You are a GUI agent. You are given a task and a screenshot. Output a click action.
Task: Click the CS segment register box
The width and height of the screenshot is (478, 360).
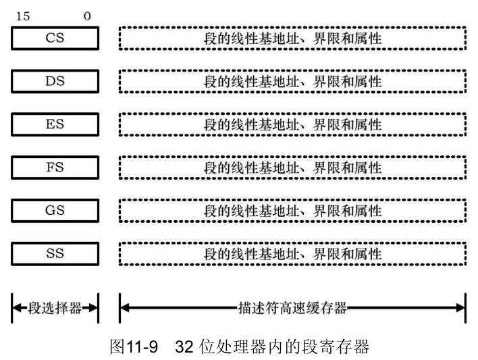pyautogui.click(x=55, y=38)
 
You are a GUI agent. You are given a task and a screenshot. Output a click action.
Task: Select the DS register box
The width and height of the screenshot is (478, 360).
pyautogui.click(x=55, y=82)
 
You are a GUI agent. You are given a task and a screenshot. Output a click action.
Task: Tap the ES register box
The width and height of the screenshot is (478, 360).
pyautogui.click(x=55, y=125)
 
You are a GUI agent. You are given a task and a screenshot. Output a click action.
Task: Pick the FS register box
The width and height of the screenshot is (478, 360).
pyautogui.click(x=55, y=168)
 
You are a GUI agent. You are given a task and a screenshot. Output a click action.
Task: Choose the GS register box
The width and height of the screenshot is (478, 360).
pyautogui.click(x=55, y=211)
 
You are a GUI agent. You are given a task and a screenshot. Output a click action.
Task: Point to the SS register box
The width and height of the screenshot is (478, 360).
pyautogui.click(x=55, y=254)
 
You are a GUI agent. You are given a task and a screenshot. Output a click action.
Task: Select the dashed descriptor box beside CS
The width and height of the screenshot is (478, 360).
pyautogui.click(x=292, y=38)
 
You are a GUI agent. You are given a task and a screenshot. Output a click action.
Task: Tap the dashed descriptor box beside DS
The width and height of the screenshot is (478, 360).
pyautogui.click(x=292, y=82)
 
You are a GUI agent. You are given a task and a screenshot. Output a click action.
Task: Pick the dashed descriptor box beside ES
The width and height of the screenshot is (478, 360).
pyautogui.click(x=292, y=125)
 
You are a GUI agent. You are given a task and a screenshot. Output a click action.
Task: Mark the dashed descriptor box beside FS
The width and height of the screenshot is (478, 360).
pyautogui.click(x=292, y=168)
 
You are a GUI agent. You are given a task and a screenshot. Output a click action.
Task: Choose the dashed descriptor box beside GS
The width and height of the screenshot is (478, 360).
pyautogui.click(x=292, y=211)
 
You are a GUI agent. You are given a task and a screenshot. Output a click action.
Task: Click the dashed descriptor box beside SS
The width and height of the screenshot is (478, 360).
pyautogui.click(x=292, y=254)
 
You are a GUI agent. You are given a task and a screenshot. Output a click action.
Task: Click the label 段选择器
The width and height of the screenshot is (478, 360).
pyautogui.click(x=55, y=309)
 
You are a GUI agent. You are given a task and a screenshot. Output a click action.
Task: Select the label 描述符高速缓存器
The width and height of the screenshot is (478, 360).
pyautogui.click(x=292, y=309)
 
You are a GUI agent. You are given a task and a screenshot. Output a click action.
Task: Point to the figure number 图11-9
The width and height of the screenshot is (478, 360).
pyautogui.click(x=135, y=346)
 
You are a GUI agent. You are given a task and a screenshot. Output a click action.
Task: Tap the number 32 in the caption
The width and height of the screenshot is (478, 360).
pyautogui.click(x=184, y=346)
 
